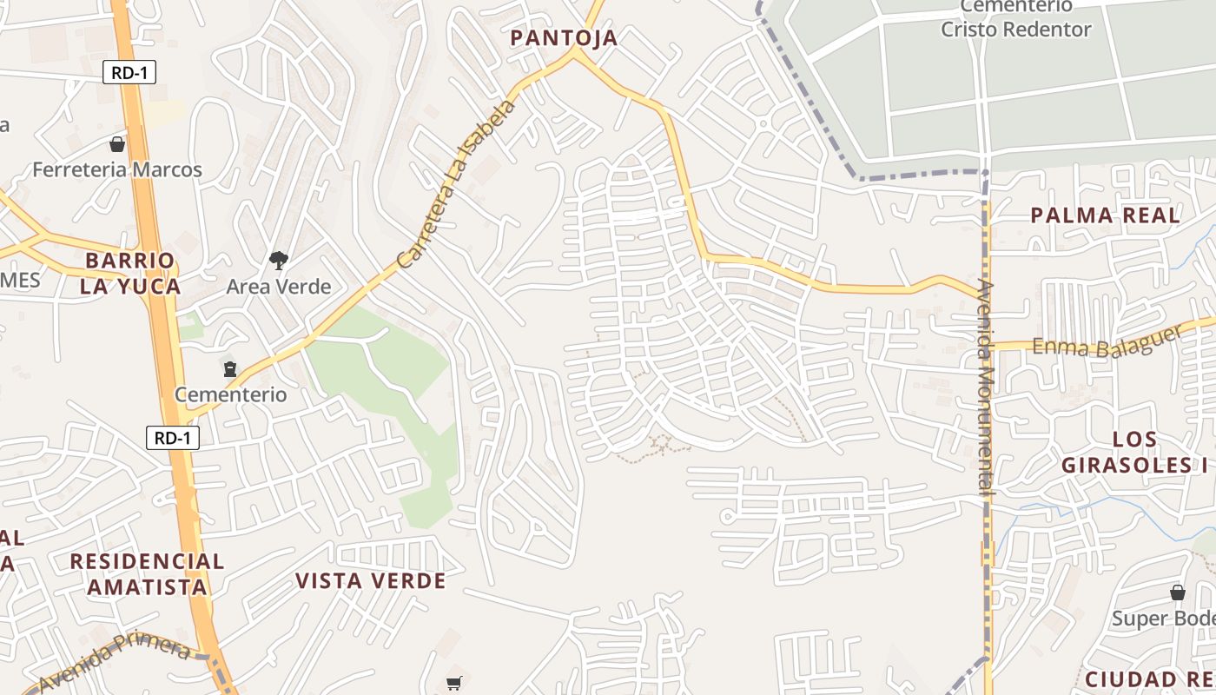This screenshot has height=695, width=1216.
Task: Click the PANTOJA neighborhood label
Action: coord(564,37)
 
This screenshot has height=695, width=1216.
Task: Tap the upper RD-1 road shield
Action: coord(129,72)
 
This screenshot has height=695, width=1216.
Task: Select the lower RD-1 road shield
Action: coord(172,438)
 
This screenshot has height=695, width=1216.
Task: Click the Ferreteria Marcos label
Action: coord(117,169)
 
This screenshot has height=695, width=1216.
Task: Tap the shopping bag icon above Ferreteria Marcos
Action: coord(117,144)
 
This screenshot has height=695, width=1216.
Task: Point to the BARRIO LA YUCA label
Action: coord(130,273)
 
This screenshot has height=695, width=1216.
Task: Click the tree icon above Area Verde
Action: coord(278,260)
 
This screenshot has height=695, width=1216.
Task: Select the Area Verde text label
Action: coord(278,286)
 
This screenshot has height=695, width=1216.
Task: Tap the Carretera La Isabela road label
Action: coord(457,184)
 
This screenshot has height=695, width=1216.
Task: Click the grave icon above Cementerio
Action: coord(229,369)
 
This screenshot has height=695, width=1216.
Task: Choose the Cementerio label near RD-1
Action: coord(230,394)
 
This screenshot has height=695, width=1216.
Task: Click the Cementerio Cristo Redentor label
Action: coord(1015,18)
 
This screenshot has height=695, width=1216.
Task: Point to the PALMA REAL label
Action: coord(1105,215)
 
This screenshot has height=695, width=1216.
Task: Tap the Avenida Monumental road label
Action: coord(985,387)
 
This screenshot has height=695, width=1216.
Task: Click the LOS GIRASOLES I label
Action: coord(1134,452)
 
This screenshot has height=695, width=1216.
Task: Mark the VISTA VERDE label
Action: coord(371,580)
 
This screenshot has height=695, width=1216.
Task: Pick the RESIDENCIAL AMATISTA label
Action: coord(147,573)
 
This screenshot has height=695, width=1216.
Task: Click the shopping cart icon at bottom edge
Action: coord(453,683)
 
